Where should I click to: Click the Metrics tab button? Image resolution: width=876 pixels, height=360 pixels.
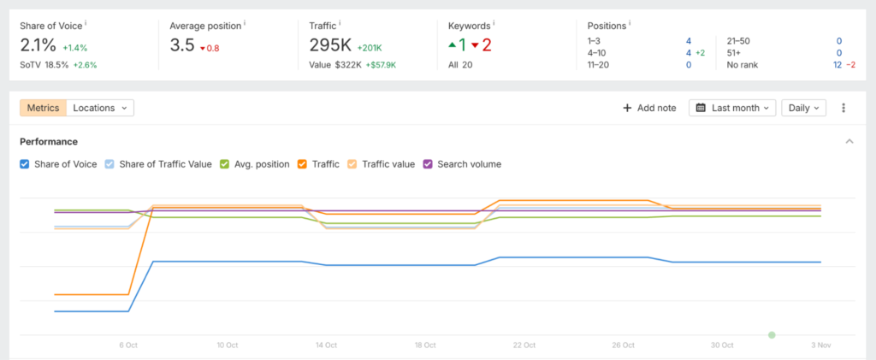click(x=43, y=108)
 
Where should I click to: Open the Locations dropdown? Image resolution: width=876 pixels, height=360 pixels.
click(x=100, y=108)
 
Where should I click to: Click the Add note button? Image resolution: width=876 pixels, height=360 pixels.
click(x=649, y=108)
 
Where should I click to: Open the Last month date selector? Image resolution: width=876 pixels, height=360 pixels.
click(x=731, y=108)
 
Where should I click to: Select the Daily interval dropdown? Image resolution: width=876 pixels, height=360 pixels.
click(x=803, y=108)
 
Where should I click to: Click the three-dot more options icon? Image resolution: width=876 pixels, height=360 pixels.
click(x=843, y=108)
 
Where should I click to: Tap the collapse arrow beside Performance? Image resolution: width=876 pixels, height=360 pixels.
click(x=849, y=141)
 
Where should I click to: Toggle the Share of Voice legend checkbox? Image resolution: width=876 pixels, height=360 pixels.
click(x=25, y=164)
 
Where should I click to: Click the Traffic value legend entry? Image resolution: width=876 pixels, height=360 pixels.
click(x=352, y=164)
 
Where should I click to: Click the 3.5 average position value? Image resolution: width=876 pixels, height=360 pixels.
click(x=182, y=45)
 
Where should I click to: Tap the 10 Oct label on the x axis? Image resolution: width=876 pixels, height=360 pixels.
click(x=227, y=345)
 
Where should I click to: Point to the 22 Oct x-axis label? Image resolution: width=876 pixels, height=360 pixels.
click(x=524, y=345)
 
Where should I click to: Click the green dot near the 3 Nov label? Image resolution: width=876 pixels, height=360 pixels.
click(x=772, y=334)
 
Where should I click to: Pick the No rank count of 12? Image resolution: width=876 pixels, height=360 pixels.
click(x=838, y=64)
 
